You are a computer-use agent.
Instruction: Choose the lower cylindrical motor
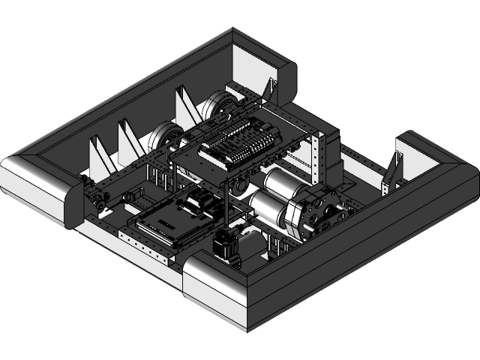point(266,205)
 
